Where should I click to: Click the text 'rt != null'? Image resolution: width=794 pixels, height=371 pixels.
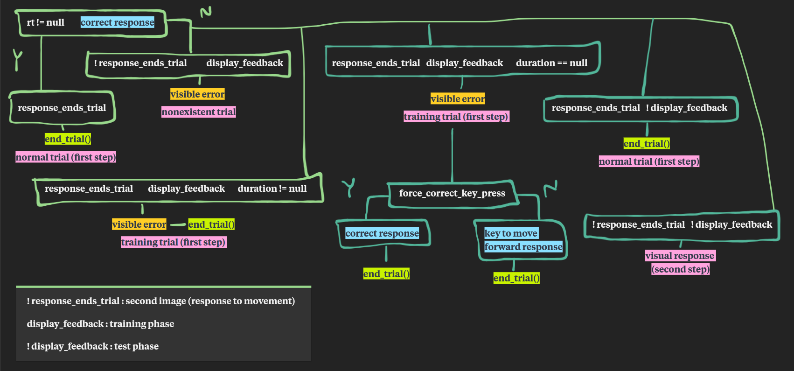[x=46, y=22]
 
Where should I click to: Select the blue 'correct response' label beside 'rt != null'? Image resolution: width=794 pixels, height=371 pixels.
[x=117, y=22]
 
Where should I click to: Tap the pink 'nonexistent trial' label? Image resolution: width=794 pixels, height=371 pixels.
[x=198, y=112]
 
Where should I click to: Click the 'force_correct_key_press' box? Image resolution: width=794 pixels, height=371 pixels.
[x=452, y=193]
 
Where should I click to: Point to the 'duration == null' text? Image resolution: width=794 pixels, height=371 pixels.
[x=551, y=63]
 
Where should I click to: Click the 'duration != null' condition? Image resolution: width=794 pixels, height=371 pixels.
[x=272, y=189]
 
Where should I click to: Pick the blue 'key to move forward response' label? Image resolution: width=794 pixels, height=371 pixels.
[x=523, y=240]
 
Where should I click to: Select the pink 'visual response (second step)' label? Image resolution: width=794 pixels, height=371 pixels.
[x=680, y=262]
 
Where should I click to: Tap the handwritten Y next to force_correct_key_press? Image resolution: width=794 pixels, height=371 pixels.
[x=349, y=187]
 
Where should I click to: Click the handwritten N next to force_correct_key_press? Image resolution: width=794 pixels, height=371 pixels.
[x=550, y=188]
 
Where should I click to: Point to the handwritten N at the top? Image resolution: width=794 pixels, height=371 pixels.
[x=206, y=12]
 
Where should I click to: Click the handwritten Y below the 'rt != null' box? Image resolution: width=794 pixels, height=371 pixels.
[x=18, y=59]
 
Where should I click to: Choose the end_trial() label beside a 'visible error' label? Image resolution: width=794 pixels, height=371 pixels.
[x=211, y=224]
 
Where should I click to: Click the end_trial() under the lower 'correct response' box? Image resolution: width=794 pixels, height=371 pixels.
[x=386, y=274]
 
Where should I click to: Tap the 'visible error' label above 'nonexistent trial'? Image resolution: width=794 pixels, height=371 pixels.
[x=197, y=94]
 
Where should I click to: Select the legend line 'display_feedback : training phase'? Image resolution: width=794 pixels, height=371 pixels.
[x=100, y=324]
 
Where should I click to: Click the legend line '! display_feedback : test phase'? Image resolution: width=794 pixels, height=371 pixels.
[x=92, y=346]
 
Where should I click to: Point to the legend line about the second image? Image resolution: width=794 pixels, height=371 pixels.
[x=160, y=301]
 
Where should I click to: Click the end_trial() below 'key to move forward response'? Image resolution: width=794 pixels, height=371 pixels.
[x=516, y=278]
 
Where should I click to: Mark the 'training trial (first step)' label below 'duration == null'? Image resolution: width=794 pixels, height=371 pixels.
[x=456, y=117]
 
